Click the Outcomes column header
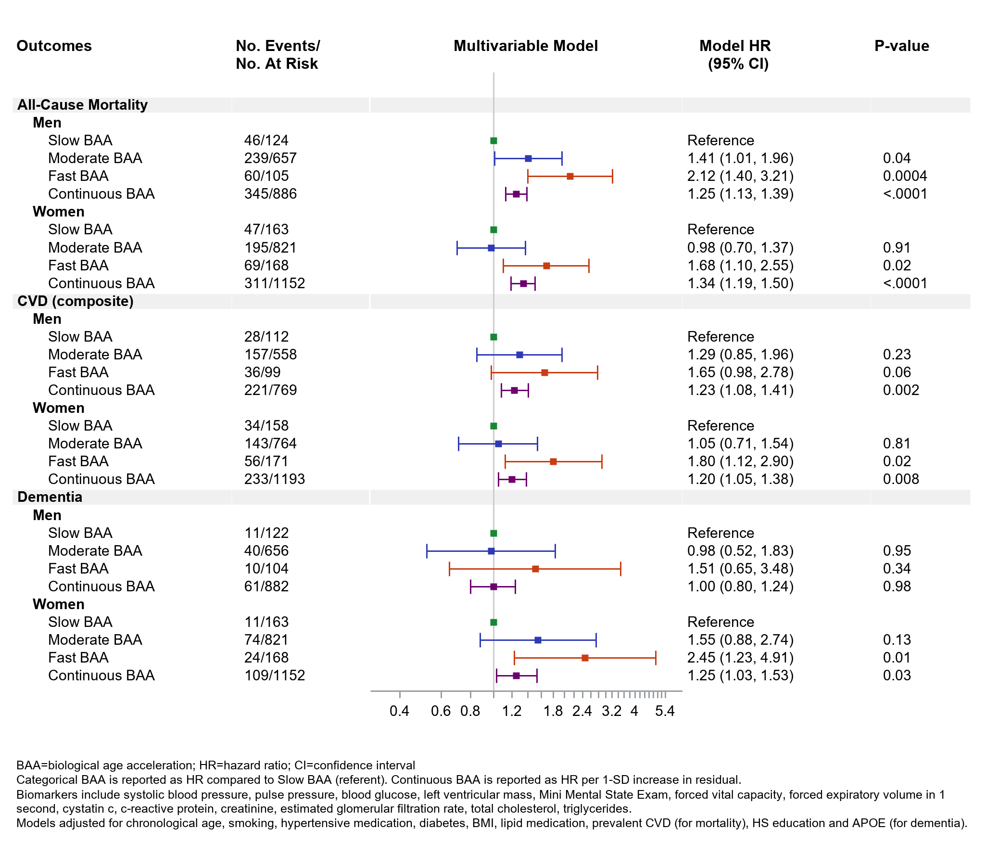click(x=54, y=46)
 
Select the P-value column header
click(x=901, y=46)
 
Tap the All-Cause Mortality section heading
click(x=82, y=105)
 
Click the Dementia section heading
click(x=50, y=497)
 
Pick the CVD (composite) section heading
click(x=76, y=301)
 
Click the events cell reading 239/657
click(x=270, y=158)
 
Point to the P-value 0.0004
click(x=905, y=176)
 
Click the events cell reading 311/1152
click(x=274, y=283)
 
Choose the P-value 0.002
click(x=901, y=390)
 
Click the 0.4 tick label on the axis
click(x=399, y=711)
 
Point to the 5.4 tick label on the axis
click(x=665, y=711)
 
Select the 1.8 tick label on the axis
click(x=553, y=711)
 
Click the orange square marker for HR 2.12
click(x=570, y=177)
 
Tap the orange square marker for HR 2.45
click(x=585, y=658)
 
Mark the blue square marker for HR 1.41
click(x=528, y=158)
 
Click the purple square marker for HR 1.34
click(x=523, y=284)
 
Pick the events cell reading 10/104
click(x=266, y=569)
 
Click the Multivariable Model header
click(x=526, y=46)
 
